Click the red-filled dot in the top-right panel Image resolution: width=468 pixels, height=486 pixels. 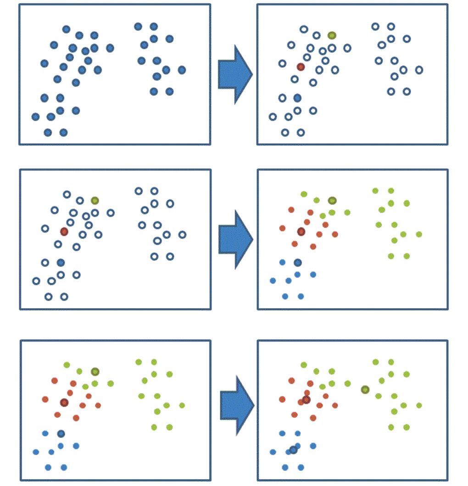click(301, 67)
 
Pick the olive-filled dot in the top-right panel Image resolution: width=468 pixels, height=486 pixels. click(332, 35)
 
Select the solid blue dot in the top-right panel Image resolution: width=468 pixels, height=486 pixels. click(297, 98)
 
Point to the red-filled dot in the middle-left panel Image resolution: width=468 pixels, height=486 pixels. click(64, 232)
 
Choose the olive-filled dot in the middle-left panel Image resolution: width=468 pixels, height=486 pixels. click(95, 200)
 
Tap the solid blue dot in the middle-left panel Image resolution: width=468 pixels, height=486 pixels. click(61, 262)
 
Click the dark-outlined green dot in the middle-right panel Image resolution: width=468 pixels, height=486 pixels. click(332, 200)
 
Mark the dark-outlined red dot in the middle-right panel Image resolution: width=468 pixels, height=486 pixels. click(301, 232)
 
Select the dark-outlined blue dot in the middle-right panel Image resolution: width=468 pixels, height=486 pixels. click(298, 262)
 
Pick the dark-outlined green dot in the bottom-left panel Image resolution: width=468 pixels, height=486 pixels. click(95, 371)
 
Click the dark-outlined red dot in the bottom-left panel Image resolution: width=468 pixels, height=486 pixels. click(64, 403)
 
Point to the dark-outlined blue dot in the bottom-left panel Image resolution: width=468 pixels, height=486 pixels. click(61, 433)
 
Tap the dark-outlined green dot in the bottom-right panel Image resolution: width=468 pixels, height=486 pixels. click(365, 390)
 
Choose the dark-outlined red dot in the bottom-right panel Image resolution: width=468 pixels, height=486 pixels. click(306, 400)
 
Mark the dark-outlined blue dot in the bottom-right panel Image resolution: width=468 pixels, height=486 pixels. click(293, 450)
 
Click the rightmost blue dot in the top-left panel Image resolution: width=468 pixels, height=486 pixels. click(182, 70)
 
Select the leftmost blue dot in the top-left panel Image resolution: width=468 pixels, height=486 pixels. click(35, 117)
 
